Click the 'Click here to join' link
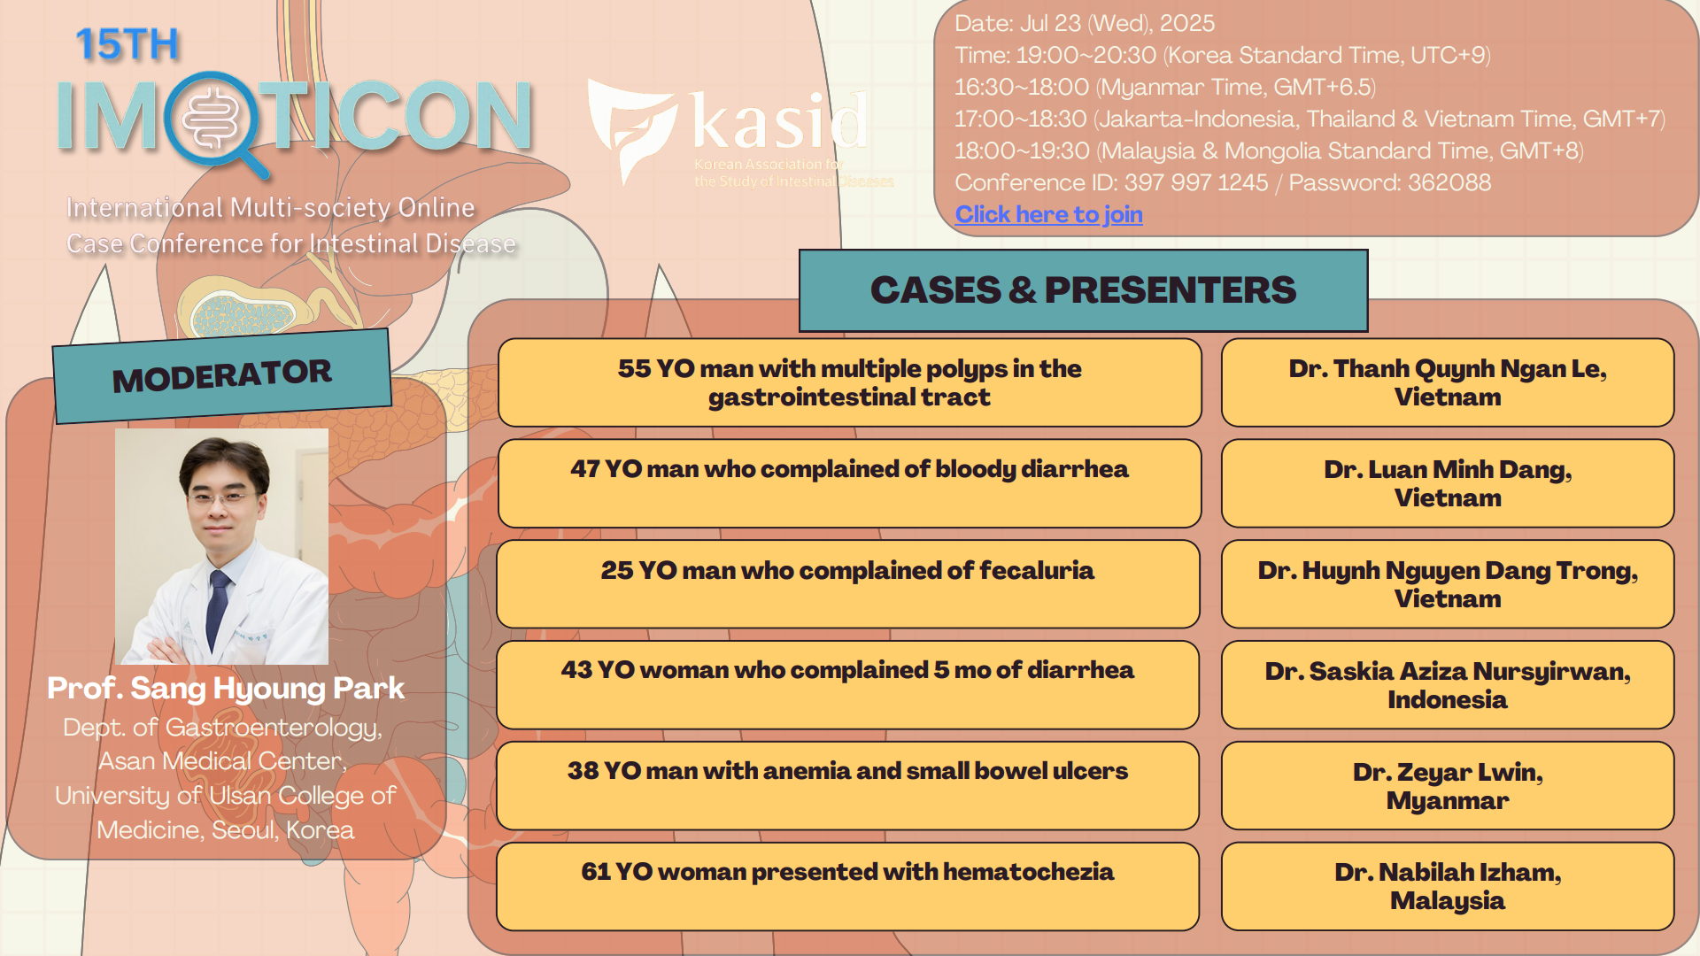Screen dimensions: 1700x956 tap(1048, 214)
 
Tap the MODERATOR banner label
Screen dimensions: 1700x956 tap(222, 376)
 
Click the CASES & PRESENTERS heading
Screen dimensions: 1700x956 tap(1083, 290)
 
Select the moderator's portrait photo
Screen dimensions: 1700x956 tap(221, 546)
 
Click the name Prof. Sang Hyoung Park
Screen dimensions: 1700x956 tap(226, 688)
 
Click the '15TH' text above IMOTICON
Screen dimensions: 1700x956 tap(127, 44)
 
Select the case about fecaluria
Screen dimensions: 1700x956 tap(848, 584)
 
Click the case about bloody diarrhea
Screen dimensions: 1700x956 tap(849, 483)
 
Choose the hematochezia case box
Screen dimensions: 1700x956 tap(848, 886)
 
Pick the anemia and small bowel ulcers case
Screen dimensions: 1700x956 tap(848, 785)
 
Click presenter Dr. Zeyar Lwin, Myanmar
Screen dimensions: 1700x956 tap(1448, 785)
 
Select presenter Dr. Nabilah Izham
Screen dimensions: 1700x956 tap(1448, 886)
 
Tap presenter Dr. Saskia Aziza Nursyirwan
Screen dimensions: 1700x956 tap(1448, 684)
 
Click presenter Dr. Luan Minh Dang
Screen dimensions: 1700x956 tap(1448, 483)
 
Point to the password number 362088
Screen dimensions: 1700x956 tap(1449, 182)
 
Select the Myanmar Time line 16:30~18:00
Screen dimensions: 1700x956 tap(1165, 87)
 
